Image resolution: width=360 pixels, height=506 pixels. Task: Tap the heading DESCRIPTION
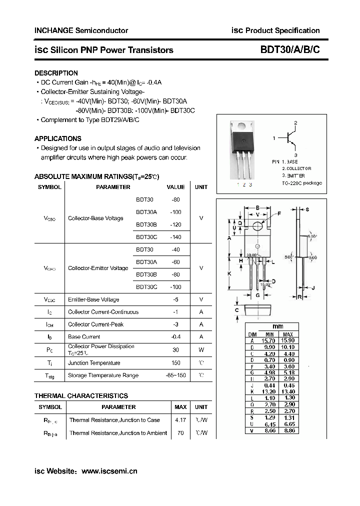(x=56, y=73)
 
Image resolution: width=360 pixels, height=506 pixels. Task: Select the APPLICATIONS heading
(x=58, y=138)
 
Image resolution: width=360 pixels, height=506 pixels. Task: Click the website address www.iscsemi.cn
(x=109, y=470)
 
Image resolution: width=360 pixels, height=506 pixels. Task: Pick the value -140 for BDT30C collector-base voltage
(x=175, y=237)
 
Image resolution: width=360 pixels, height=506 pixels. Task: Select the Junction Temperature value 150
(x=175, y=363)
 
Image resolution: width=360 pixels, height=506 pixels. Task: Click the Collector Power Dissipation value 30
(x=175, y=349)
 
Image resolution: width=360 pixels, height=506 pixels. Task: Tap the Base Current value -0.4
(x=175, y=337)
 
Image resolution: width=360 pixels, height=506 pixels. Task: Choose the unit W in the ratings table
(x=201, y=349)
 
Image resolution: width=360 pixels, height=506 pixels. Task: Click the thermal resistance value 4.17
(x=180, y=420)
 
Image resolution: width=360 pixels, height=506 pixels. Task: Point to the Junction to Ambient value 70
(x=180, y=433)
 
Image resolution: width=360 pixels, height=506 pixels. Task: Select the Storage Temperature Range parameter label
(x=103, y=375)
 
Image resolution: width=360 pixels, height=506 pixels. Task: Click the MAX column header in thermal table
(x=180, y=407)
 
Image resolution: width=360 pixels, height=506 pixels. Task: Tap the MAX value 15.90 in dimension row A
(x=288, y=340)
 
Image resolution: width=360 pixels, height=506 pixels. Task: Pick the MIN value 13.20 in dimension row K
(x=269, y=392)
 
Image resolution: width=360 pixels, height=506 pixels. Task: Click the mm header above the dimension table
(x=278, y=326)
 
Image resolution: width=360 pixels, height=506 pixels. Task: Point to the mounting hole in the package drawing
(x=258, y=225)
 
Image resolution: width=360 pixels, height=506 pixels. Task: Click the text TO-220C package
(x=302, y=183)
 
